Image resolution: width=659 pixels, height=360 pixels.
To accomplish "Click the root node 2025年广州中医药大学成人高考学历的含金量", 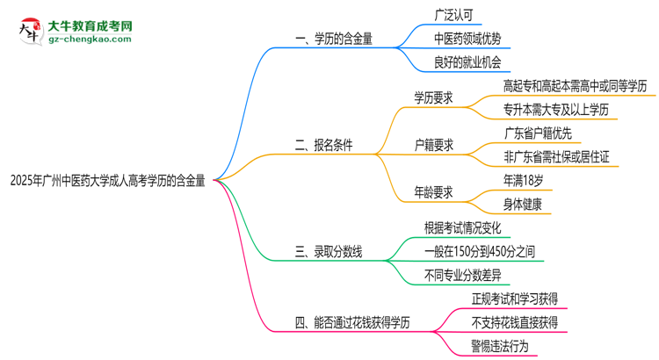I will pos(107,182).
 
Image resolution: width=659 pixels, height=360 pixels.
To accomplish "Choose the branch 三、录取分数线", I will pos(329,252).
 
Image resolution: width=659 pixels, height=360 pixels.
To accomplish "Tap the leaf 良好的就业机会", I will pos(469,62).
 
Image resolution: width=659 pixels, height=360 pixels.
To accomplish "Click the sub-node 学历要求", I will pos(433,98).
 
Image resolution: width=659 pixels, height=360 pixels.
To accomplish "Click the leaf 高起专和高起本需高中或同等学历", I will pos(575,86).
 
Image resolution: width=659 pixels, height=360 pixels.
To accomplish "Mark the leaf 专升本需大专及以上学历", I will pos(555,110).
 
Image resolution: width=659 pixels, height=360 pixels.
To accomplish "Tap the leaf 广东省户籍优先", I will pos(538,133).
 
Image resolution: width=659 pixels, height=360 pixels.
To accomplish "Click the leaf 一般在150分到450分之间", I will pos(479,252).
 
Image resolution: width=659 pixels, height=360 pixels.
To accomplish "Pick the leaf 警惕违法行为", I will pos(500,345).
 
